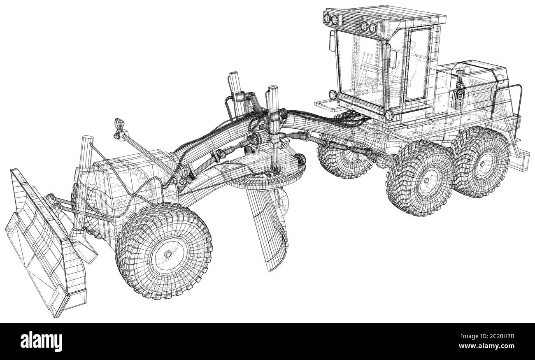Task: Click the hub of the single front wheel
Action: tap(168, 254)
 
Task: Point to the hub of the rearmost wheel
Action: tap(482, 164)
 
